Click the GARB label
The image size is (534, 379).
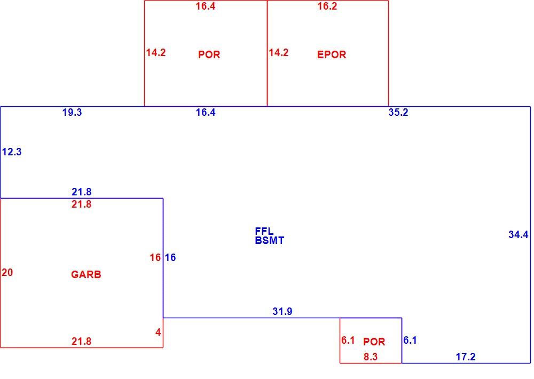tap(86, 274)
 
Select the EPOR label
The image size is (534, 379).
tap(332, 54)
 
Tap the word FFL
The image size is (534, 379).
tap(264, 231)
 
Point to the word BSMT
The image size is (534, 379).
tap(269, 240)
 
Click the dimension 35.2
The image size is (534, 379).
tap(398, 113)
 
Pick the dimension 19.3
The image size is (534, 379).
tap(72, 113)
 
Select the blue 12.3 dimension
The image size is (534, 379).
tap(12, 152)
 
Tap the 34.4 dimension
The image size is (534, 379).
tap(519, 235)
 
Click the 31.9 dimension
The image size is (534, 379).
tap(282, 311)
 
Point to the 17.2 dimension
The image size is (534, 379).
tap(466, 357)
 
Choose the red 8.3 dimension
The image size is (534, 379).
tap(371, 357)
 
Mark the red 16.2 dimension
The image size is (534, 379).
tap(327, 6)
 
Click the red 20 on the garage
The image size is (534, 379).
tap(7, 272)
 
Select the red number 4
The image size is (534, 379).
tap(158, 333)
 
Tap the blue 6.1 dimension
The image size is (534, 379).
tap(410, 340)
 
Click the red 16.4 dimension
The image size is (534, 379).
tap(206, 6)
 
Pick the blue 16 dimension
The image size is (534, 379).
tap(170, 257)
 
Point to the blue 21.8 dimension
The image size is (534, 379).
tap(81, 192)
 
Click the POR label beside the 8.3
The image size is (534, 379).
tap(374, 342)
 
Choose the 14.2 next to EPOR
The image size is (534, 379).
tap(279, 52)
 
